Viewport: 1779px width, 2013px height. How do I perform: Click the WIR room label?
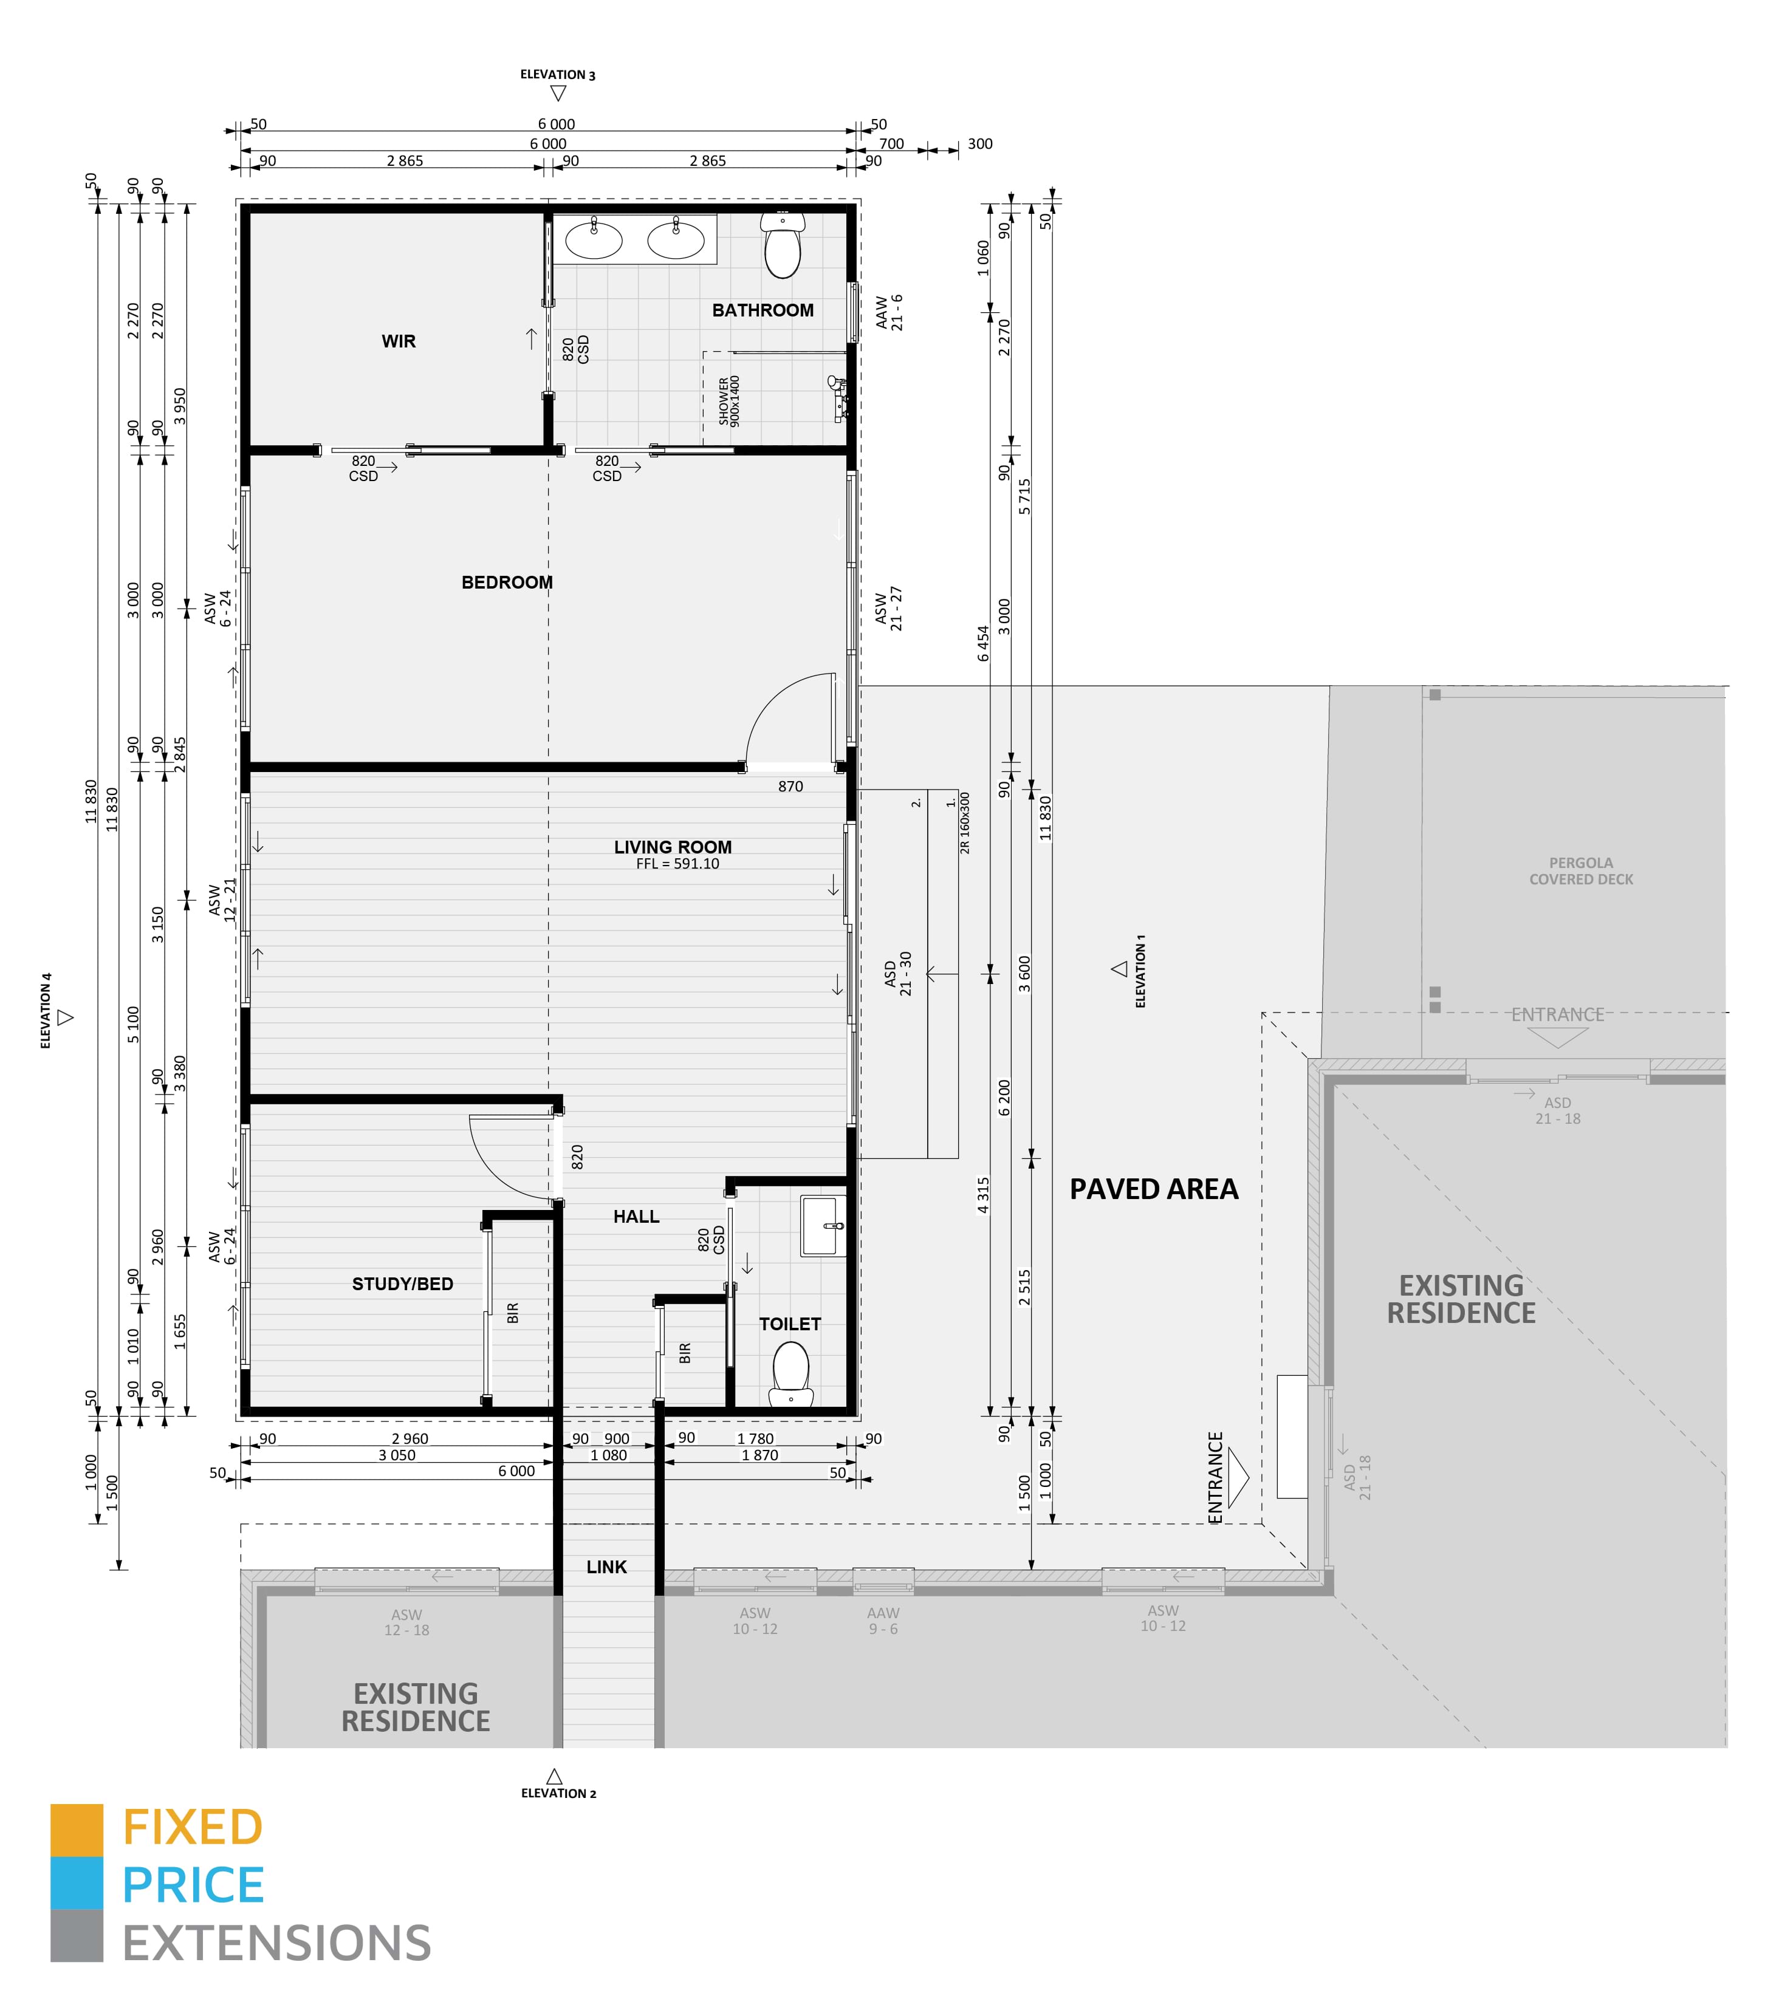click(x=399, y=342)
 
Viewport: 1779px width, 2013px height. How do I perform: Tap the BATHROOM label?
click(x=763, y=310)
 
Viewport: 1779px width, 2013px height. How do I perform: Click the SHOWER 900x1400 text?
click(x=729, y=401)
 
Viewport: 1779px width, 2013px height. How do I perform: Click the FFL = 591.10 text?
click(x=677, y=864)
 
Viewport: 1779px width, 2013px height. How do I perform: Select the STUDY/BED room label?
click(x=403, y=1284)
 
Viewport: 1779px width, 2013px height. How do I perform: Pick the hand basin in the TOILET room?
click(x=823, y=1226)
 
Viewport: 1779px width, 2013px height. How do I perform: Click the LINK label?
click(x=607, y=1567)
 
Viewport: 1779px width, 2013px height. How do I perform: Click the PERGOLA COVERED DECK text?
click(x=1581, y=870)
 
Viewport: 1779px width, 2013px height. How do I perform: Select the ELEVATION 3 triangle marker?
click(x=558, y=94)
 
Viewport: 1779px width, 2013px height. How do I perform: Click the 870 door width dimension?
click(x=790, y=787)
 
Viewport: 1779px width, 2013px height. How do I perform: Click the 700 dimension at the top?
click(x=891, y=144)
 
